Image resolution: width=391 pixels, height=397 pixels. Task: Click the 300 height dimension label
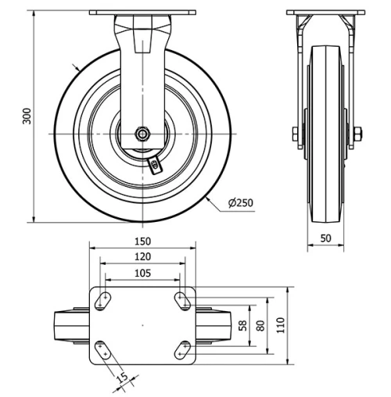[27, 116]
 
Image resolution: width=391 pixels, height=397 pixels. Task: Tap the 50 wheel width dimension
[325, 238]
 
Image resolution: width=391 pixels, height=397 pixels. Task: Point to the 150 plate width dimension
[142, 241]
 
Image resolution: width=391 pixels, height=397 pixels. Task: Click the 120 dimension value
[142, 256]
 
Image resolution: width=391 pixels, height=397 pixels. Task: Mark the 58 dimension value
[242, 324]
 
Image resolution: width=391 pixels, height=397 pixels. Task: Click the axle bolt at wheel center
[142, 134]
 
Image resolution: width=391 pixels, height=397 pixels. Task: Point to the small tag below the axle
[155, 163]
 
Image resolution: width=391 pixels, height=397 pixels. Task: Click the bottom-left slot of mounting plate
[102, 349]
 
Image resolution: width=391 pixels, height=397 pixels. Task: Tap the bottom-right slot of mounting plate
[183, 349]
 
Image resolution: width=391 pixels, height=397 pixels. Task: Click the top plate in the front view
[142, 13]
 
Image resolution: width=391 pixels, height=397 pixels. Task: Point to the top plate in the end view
[325, 13]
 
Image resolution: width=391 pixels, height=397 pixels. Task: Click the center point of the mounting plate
[142, 324]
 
